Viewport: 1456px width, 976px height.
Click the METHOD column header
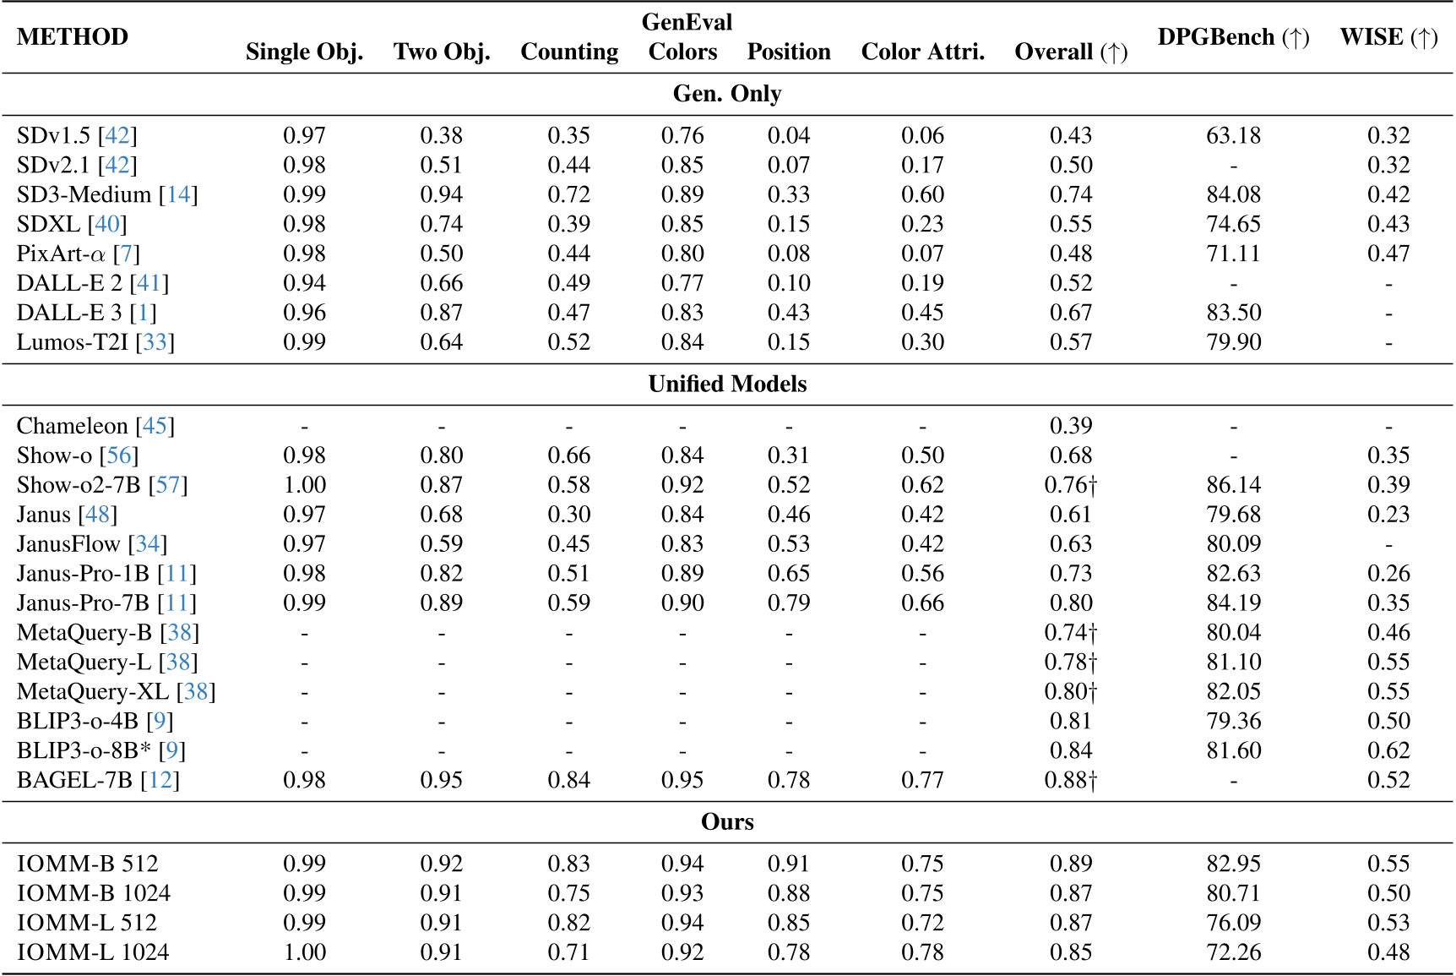tap(73, 37)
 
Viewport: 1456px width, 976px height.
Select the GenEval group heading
tap(687, 22)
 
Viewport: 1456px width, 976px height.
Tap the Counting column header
tap(569, 52)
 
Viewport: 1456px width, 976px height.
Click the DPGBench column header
tap(1232, 37)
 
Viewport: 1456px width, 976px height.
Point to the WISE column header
tap(1388, 37)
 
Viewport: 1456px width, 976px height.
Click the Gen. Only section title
tap(727, 94)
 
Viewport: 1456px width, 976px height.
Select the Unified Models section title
tap(727, 384)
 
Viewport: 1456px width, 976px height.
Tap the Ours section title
tap(727, 822)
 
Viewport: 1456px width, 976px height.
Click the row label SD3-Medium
tap(84, 194)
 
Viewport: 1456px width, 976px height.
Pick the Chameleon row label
tap(75, 426)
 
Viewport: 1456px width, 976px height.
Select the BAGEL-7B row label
tap(74, 780)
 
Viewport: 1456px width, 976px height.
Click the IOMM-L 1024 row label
tap(93, 952)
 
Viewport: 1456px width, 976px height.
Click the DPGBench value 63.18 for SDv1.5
tap(1233, 136)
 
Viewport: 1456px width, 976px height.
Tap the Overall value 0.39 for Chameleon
tap(1070, 426)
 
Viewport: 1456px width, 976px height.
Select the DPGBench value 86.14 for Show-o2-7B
tap(1233, 485)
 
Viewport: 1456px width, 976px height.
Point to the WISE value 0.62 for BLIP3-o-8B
tap(1388, 750)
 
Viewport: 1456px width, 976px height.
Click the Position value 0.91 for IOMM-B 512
tap(788, 864)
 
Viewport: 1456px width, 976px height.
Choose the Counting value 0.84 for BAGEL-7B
tap(568, 780)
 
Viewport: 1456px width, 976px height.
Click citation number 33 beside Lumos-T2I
tap(155, 342)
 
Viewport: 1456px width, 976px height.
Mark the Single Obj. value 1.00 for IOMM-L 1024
tap(304, 952)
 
